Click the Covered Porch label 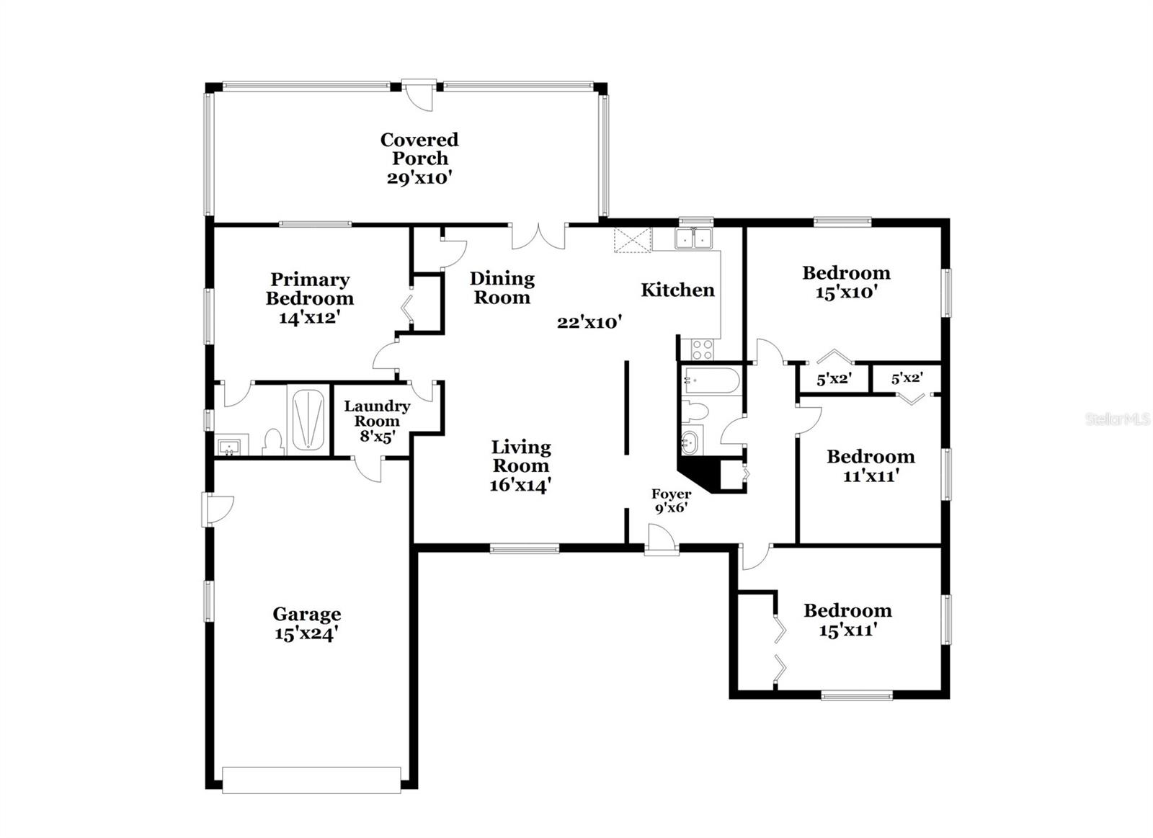419,148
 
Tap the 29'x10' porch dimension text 419,178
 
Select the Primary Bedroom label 310,288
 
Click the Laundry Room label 377,414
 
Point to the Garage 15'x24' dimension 306,634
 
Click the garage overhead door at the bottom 311,780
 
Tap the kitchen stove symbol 702,350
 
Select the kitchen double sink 694,239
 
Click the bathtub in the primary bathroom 308,418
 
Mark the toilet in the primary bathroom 273,442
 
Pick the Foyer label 671,494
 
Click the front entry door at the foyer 661,540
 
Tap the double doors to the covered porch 538,236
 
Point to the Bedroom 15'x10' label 846,282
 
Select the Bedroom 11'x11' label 871,465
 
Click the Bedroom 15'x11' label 847,620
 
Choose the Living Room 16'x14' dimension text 520,485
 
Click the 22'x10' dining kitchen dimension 589,322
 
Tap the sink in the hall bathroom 690,442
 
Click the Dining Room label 502,287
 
